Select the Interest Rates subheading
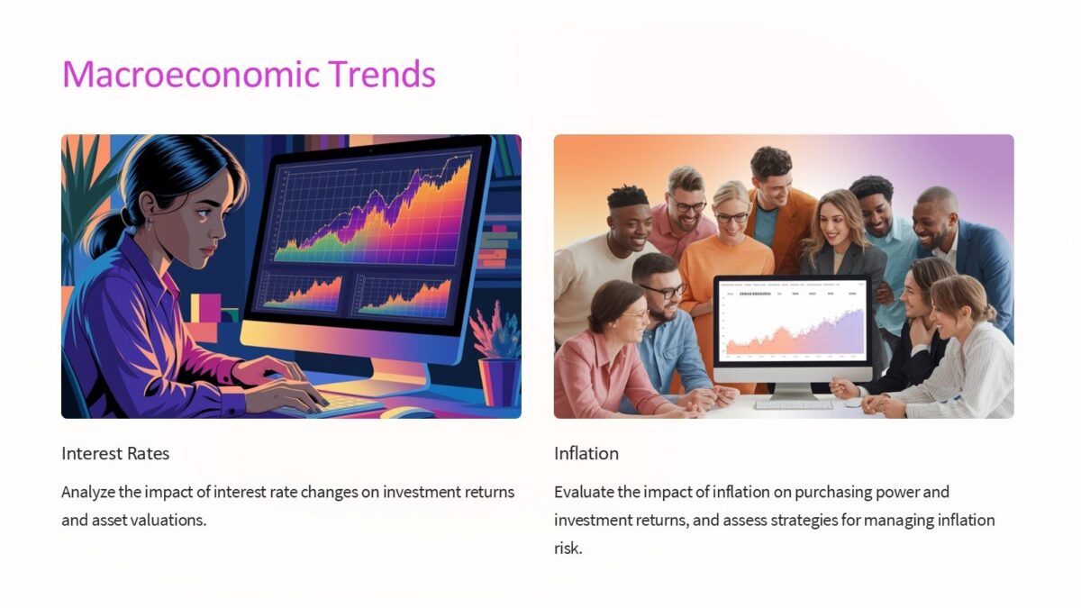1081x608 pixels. click(x=115, y=453)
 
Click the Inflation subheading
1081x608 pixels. click(x=586, y=453)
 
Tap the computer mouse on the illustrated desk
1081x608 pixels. click(x=408, y=413)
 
